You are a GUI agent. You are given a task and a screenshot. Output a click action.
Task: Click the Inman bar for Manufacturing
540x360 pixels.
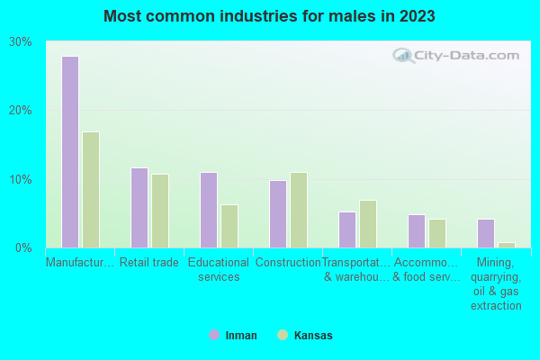pos(70,152)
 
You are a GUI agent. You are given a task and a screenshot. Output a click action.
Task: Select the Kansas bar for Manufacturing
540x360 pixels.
pos(91,190)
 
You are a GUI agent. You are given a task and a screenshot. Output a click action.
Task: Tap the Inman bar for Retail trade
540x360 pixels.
pos(139,208)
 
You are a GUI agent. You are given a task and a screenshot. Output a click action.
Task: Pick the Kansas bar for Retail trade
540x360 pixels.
pos(160,211)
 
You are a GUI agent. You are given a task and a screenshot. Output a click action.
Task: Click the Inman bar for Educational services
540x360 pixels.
pos(209,210)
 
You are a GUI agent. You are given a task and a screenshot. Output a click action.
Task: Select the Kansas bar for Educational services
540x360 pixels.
pos(229,226)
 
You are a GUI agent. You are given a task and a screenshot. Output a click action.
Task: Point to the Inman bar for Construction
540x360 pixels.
pos(278,214)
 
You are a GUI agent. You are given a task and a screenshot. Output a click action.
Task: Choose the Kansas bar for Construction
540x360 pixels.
pos(299,210)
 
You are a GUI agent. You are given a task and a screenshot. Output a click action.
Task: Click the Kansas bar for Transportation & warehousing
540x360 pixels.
pos(368,224)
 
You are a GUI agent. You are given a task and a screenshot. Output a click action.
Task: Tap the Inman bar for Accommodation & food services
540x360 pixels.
pos(417,231)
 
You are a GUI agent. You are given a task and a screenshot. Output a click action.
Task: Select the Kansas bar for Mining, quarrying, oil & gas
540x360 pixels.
pos(507,245)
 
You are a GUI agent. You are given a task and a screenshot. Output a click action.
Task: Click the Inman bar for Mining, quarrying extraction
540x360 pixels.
pos(486,233)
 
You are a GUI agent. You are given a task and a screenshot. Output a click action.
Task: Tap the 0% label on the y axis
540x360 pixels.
pos(23,247)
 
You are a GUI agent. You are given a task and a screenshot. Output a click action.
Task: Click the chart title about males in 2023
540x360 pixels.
pos(269,16)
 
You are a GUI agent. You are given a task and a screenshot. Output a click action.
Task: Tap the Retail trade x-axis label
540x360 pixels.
pos(149,263)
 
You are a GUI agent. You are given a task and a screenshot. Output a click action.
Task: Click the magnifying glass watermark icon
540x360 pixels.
pos(403,56)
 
